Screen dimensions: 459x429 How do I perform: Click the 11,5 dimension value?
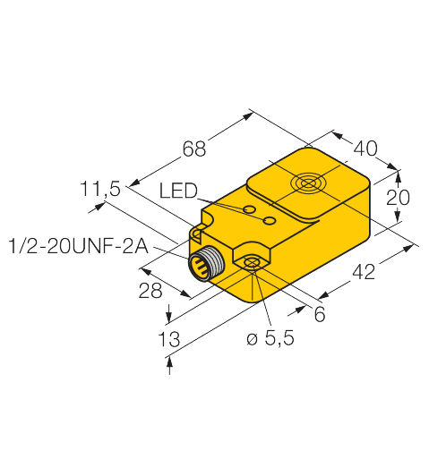coord(100,189)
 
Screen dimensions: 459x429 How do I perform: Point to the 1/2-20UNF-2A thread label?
coord(76,243)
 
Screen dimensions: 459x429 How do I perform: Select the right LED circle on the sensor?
coord(268,219)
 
